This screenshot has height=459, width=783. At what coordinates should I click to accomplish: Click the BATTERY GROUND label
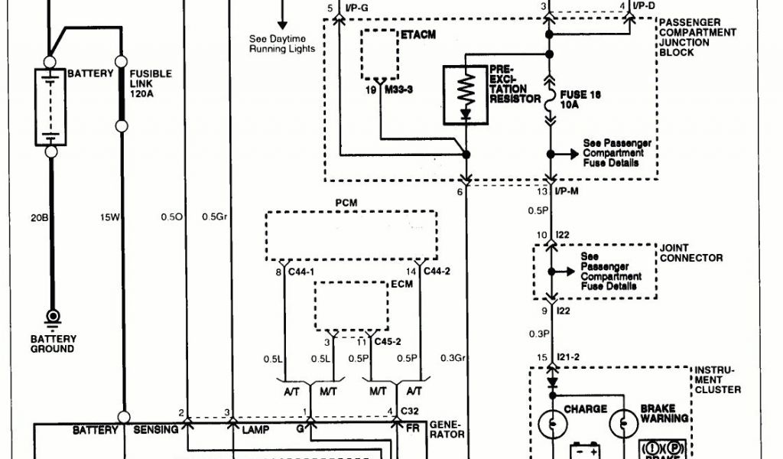click(53, 343)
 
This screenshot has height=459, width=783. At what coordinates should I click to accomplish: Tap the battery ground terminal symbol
click(53, 317)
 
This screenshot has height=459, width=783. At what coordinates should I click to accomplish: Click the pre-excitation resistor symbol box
click(466, 96)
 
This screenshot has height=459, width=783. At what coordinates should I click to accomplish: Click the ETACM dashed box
click(379, 54)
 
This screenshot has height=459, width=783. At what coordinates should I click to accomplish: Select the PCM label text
click(346, 203)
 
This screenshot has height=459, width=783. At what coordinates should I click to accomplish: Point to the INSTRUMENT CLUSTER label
click(717, 380)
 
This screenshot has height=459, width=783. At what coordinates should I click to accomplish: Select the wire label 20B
click(41, 217)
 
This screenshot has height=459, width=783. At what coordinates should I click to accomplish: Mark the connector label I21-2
click(570, 358)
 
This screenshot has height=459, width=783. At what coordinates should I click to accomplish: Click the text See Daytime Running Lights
click(282, 44)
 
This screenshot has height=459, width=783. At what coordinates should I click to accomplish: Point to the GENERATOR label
click(447, 428)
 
